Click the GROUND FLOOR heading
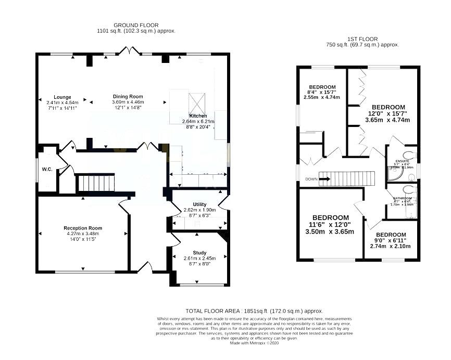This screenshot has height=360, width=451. (136, 25)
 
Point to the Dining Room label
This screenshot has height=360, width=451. (128, 96)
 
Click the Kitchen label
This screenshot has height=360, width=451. (198, 115)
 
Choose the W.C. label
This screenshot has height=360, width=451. (47, 169)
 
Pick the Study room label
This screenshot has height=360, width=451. (199, 252)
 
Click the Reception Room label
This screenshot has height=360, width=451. (83, 228)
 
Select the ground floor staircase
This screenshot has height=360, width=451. (95, 183)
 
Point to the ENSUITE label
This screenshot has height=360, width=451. (402, 161)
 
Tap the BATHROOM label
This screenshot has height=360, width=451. (402, 198)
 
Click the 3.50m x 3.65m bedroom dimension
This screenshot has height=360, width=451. (330, 232)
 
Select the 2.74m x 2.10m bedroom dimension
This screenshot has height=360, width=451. (391, 246)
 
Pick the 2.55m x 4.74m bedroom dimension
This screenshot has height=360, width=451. (321, 97)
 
